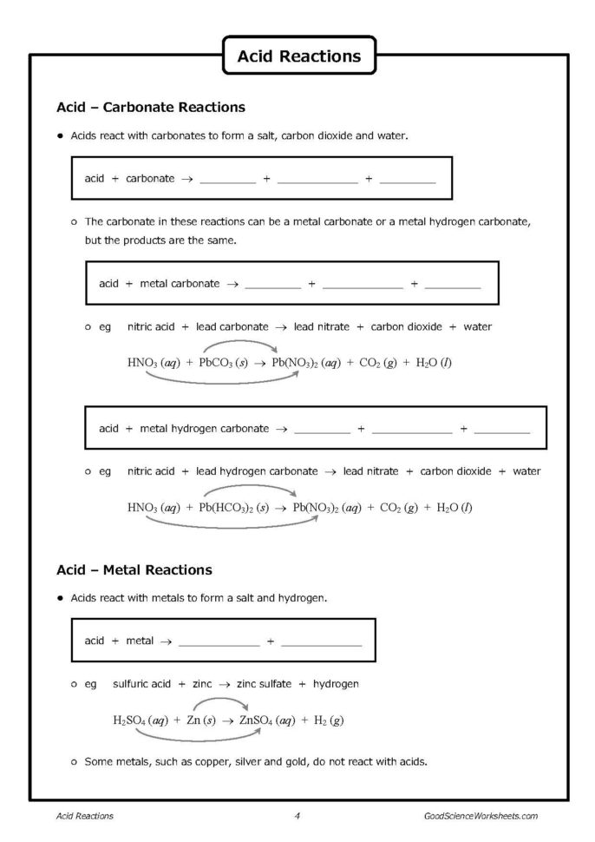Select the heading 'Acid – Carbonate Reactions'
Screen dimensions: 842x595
point(150,108)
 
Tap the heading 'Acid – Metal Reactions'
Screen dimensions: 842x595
point(134,570)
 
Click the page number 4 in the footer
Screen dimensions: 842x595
point(297,816)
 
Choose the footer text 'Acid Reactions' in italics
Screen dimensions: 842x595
point(84,816)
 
